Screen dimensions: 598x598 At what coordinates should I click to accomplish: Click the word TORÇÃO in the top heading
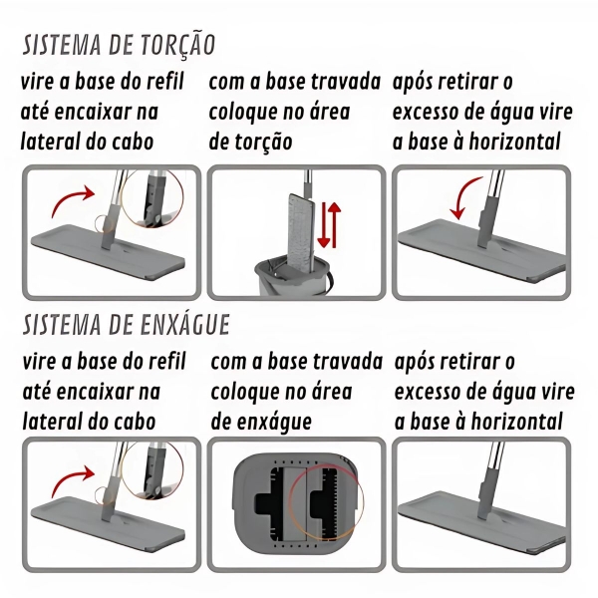pyautogui.click(x=177, y=45)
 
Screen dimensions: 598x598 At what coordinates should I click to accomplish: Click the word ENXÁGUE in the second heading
pyautogui.click(x=185, y=325)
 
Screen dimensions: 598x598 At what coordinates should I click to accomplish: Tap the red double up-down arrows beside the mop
pyautogui.click(x=329, y=225)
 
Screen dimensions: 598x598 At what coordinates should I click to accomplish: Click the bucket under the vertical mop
pyautogui.click(x=293, y=276)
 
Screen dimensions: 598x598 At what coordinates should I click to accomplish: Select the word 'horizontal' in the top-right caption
pyautogui.click(x=514, y=142)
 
